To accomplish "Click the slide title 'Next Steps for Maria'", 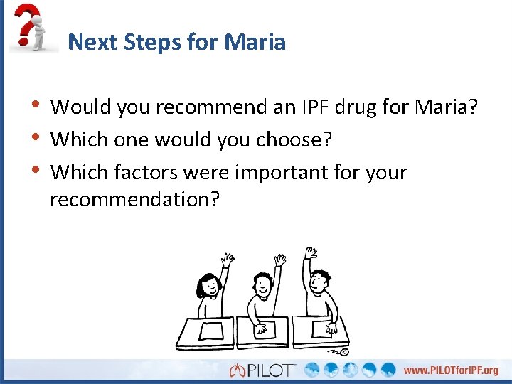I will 176,42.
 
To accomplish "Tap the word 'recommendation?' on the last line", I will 134,200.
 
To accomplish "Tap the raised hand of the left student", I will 228,260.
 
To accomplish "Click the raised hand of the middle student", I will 282,260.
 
